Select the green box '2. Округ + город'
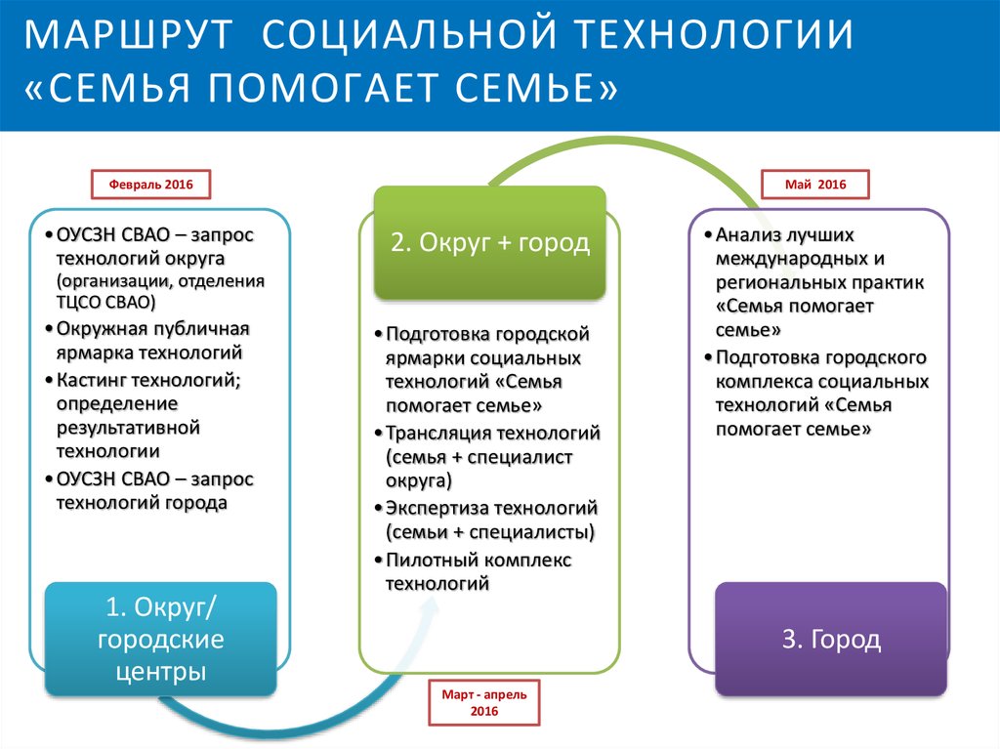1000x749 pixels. [490, 242]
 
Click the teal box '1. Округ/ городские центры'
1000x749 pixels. [161, 640]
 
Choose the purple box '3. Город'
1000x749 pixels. [831, 640]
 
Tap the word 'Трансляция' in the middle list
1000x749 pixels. [439, 433]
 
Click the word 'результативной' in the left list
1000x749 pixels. [128, 428]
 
